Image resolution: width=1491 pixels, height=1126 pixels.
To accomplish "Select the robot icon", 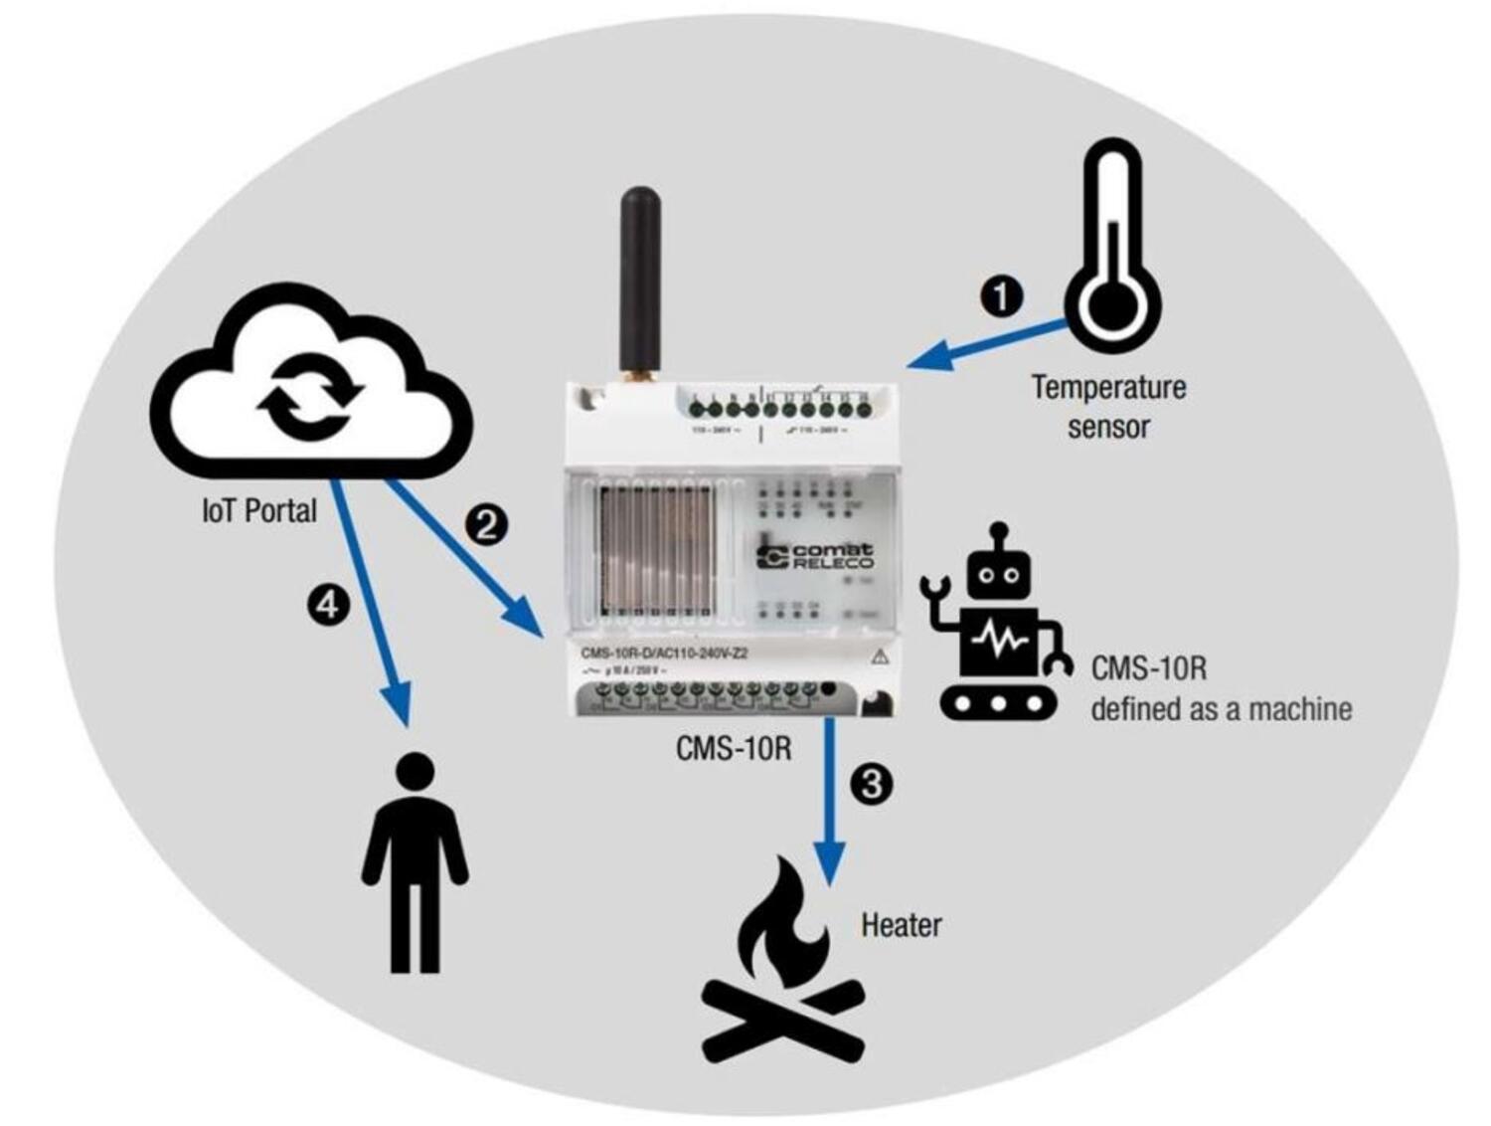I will [997, 627].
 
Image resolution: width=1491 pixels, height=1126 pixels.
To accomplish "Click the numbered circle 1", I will [1001, 295].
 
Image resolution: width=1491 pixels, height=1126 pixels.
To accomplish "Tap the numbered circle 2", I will [487, 523].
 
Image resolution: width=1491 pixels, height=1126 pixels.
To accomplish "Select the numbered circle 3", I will [871, 784].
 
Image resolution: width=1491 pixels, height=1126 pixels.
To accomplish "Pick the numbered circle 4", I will [329, 604].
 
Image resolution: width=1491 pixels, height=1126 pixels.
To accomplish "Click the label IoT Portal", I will [259, 511].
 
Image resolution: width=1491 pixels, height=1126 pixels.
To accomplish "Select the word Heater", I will [901, 925].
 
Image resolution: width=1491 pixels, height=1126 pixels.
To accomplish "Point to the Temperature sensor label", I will [1108, 406].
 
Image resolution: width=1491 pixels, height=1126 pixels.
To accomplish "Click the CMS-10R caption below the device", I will [734, 747].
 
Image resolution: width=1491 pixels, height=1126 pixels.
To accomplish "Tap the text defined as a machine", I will [1221, 709].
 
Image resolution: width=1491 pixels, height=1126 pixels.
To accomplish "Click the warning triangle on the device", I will [880, 657].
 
